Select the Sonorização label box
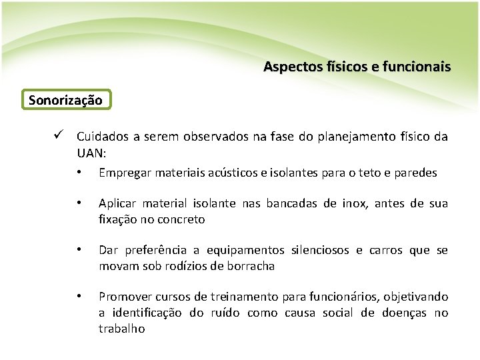65,100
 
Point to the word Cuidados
103,137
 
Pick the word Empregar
124,173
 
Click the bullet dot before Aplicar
79,203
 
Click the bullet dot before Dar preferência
79,250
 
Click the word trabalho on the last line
121,329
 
